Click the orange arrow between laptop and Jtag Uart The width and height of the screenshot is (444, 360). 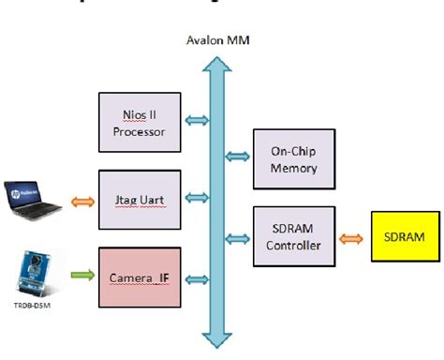[82, 199]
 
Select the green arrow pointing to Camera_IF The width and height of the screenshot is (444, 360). [82, 274]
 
